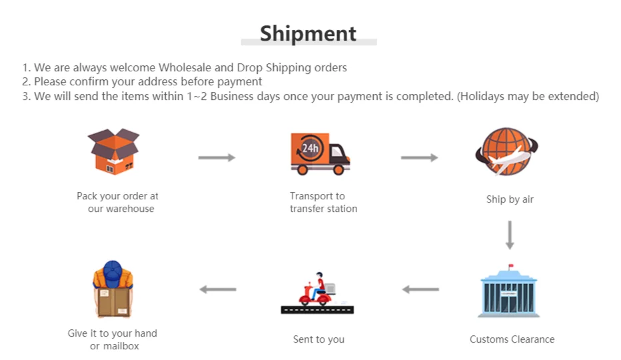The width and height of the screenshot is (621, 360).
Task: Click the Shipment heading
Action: [x=308, y=33]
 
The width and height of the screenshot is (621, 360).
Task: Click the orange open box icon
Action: [x=114, y=151]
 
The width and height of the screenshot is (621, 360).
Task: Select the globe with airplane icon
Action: [x=507, y=152]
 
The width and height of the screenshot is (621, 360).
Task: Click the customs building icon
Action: [x=509, y=292]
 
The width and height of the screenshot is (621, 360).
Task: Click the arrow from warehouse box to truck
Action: [x=217, y=157]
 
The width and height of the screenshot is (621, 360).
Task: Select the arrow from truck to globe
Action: [x=419, y=157]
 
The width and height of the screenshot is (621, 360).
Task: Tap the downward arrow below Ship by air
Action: [x=510, y=235]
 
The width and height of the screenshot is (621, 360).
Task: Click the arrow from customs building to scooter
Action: [x=420, y=289]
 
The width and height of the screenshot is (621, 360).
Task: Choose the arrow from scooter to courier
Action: [x=218, y=289]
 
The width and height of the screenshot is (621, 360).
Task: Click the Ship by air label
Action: [x=510, y=199]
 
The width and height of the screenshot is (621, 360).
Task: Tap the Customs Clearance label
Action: [x=512, y=339]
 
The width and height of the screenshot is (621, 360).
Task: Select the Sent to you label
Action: [x=318, y=339]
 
